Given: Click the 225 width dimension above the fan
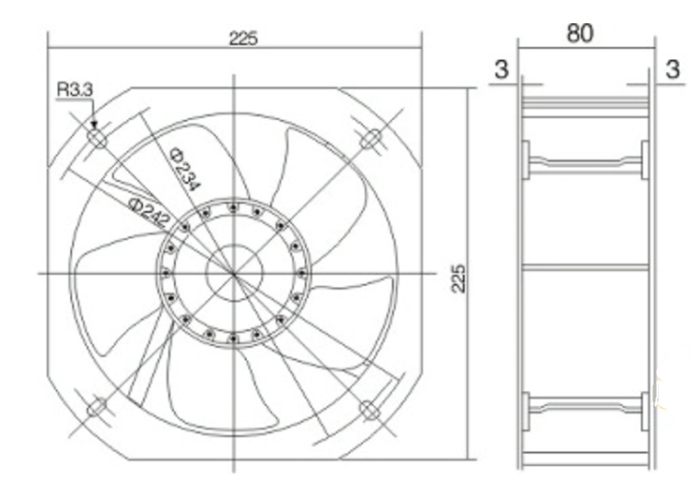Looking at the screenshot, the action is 243,39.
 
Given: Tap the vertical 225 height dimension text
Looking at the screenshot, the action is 458,279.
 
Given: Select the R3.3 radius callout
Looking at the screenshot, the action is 75,89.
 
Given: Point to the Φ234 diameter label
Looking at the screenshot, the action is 185,169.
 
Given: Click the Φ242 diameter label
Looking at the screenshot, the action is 149,212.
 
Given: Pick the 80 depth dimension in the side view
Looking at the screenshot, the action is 580,33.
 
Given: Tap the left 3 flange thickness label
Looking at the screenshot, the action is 501,69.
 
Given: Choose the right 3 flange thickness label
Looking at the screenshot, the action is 673,69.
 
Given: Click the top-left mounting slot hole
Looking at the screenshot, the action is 98,138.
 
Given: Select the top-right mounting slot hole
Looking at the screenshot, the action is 371,138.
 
